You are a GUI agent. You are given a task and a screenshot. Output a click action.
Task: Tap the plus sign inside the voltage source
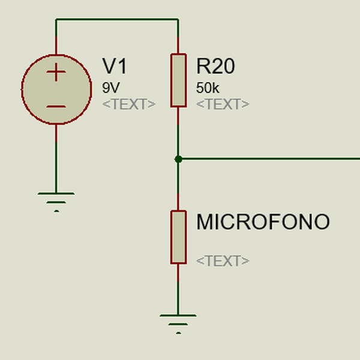(56, 73)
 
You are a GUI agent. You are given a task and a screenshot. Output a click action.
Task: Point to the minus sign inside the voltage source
(56, 107)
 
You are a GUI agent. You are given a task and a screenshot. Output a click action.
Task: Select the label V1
(115, 67)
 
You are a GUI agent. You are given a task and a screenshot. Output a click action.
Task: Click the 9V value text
(111, 88)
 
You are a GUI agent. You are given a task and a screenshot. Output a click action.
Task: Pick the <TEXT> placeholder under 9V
(129, 104)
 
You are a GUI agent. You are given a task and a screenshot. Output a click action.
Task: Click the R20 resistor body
(178, 80)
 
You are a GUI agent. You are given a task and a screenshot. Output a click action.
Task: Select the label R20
(215, 67)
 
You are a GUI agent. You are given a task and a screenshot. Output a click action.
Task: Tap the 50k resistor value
(208, 88)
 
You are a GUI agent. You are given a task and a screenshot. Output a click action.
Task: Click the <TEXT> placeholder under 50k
(223, 104)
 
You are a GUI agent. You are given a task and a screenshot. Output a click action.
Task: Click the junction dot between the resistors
(178, 159)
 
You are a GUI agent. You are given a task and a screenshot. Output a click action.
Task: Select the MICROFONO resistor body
(178, 236)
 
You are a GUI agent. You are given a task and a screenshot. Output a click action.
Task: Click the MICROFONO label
(263, 223)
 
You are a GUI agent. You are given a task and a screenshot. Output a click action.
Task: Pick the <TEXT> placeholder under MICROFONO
(223, 261)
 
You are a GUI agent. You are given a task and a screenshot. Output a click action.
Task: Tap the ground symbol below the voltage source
(56, 199)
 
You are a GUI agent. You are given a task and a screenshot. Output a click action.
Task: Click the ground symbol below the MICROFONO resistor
(178, 321)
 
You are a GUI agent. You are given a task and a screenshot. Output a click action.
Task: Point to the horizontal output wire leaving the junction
(270, 159)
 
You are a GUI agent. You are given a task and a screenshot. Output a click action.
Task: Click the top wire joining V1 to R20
(117, 19)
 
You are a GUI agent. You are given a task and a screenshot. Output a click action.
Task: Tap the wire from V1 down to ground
(56, 159)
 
